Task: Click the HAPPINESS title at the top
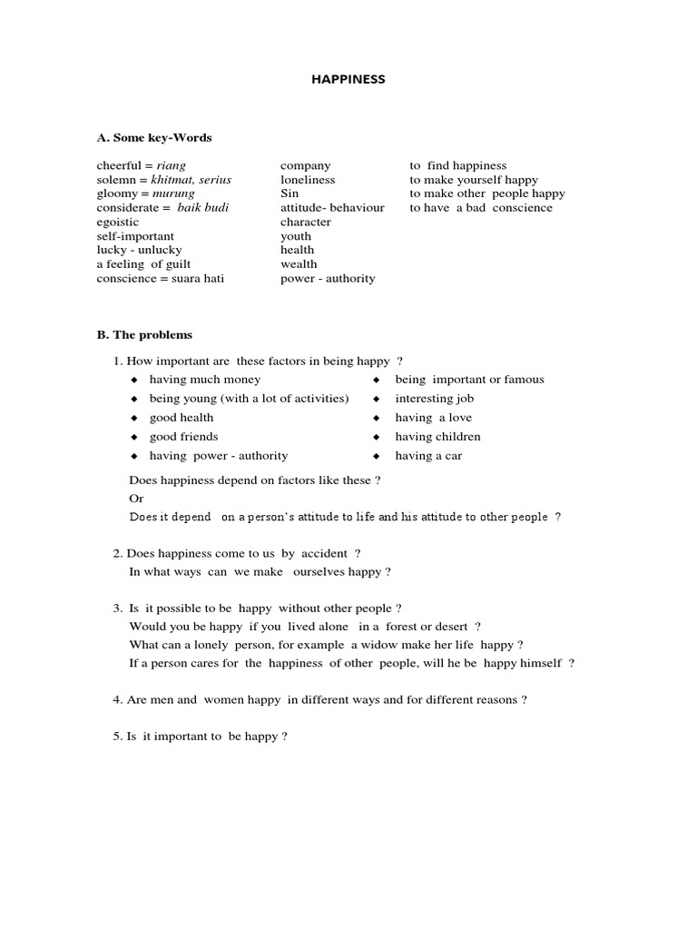click(x=348, y=79)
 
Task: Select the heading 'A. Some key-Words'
click(x=153, y=137)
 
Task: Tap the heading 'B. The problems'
click(x=144, y=334)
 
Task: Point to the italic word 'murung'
click(x=172, y=193)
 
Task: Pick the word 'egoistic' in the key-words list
click(x=118, y=222)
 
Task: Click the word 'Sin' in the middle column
click(x=289, y=193)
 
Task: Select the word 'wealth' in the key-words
click(x=298, y=264)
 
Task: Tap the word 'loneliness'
click(x=308, y=180)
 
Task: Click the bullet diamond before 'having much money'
click(x=133, y=380)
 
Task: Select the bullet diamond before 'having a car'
click(x=376, y=456)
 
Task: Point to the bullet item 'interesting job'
click(x=434, y=399)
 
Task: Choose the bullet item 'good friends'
click(x=183, y=437)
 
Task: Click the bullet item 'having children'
click(x=437, y=437)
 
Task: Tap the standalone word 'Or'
click(x=136, y=499)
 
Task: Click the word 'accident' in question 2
click(x=325, y=553)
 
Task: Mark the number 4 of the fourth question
click(x=117, y=700)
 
